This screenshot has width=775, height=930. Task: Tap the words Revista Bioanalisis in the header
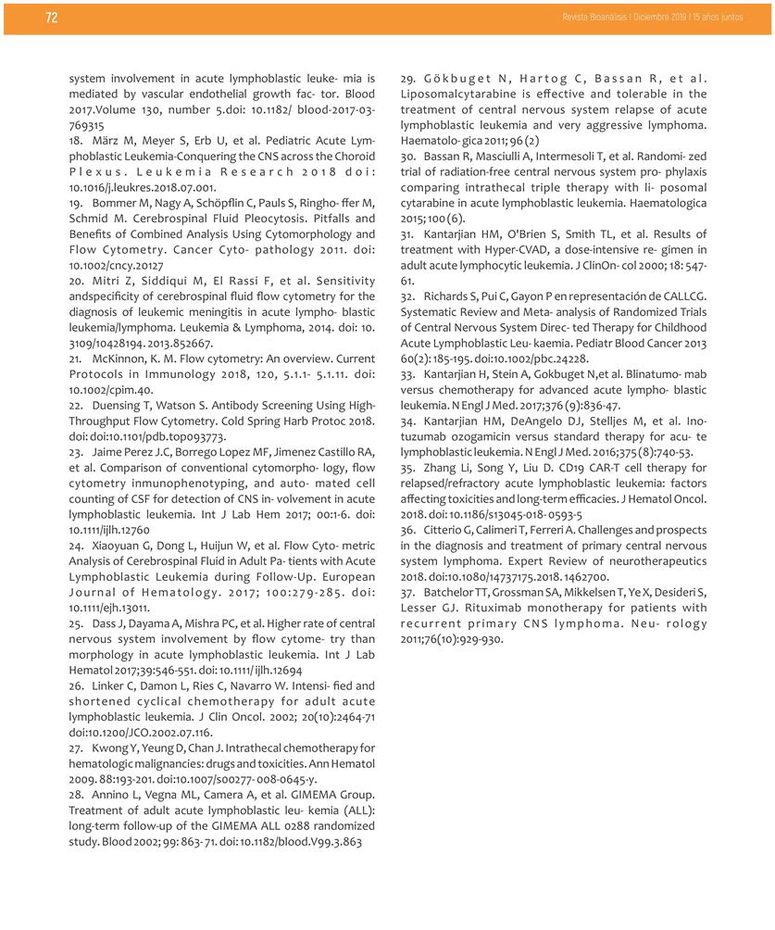[594, 18]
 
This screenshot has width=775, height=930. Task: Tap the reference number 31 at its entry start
[407, 233]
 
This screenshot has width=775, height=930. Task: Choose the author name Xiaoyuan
[119, 547]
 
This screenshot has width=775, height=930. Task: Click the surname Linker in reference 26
[110, 685]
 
